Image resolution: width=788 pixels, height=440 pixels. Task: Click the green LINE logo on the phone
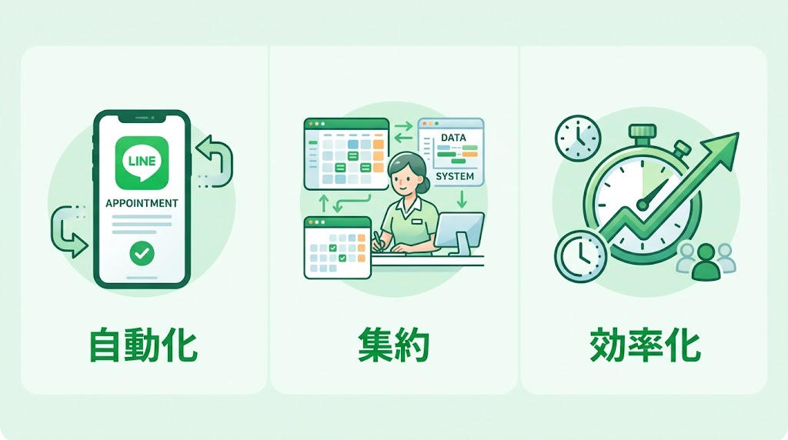141,163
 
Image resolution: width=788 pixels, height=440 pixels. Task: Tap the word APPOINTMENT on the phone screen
141,204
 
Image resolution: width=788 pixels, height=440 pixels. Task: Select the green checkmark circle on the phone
141,252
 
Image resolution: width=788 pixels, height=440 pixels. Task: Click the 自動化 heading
144,345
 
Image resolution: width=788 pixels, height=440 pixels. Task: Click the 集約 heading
393,345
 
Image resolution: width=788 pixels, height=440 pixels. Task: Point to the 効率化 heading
645,345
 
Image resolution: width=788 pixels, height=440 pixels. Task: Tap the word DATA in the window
454,137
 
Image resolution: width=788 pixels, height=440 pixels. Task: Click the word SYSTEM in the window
454,176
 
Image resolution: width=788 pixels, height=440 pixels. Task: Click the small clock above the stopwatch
577,138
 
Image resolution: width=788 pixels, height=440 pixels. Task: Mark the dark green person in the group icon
705,265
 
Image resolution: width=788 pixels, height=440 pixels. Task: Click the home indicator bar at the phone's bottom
141,278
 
